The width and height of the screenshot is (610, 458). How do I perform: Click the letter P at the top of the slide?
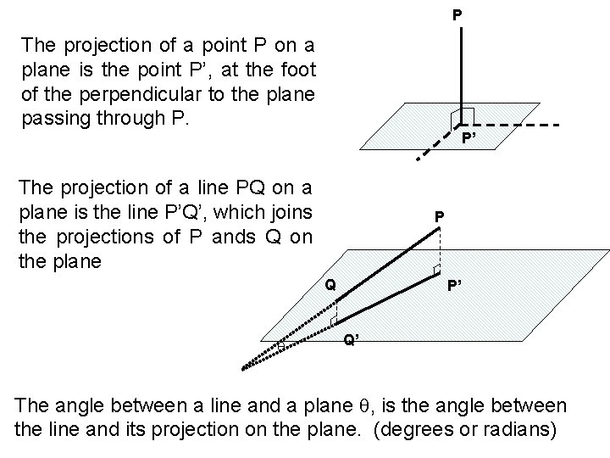coord(457,15)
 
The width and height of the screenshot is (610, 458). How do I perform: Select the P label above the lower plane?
coord(439,218)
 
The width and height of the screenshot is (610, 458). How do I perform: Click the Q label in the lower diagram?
coord(332,286)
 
